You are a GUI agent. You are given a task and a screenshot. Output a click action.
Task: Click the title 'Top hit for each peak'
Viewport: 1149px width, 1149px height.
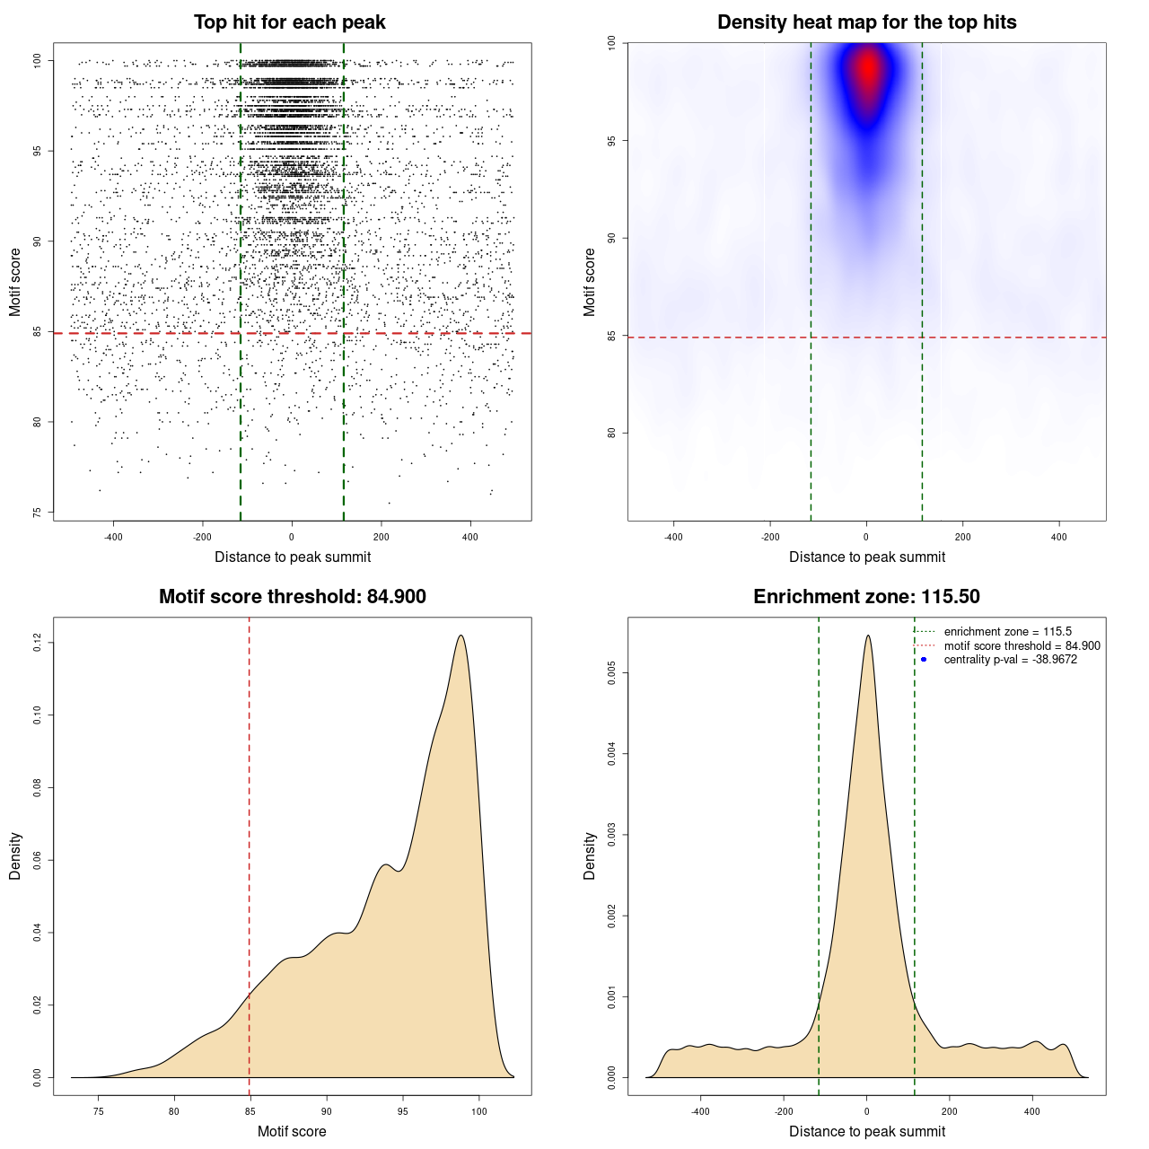click(289, 22)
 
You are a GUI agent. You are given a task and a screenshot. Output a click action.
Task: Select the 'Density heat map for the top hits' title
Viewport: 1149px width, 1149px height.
click(866, 22)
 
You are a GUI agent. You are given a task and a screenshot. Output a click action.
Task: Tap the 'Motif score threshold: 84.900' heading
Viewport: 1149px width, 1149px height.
click(292, 597)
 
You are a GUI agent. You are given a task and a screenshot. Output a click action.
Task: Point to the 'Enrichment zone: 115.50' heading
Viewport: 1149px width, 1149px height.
click(866, 597)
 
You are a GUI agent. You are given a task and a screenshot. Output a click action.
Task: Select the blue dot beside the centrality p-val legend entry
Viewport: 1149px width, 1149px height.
click(924, 660)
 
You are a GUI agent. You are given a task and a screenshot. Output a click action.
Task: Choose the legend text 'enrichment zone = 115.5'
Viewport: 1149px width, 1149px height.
click(1007, 632)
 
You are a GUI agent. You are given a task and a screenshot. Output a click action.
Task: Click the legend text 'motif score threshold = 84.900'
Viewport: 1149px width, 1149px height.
click(1022, 646)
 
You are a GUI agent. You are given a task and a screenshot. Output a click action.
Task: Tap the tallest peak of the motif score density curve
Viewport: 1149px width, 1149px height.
click(460, 636)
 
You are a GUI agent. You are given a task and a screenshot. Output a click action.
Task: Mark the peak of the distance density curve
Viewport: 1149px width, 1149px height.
click(867, 636)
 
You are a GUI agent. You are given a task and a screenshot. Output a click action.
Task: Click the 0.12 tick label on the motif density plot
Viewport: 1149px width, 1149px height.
click(37, 643)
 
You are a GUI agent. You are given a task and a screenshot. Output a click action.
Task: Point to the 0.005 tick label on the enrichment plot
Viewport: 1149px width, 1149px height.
click(611, 673)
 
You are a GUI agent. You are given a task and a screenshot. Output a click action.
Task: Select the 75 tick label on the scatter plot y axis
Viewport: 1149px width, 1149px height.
click(37, 513)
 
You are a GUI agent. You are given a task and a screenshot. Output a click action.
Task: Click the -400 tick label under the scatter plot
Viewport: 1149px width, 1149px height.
click(113, 538)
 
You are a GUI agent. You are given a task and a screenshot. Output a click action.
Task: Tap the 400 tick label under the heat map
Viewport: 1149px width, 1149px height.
click(1059, 538)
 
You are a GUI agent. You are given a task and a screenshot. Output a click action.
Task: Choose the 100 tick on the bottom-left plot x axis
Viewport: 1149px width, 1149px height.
click(478, 1111)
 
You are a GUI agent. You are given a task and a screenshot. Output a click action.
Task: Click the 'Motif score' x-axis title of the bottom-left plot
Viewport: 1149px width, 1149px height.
click(292, 1131)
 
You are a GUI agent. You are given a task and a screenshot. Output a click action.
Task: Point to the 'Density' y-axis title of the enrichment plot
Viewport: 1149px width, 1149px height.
click(590, 855)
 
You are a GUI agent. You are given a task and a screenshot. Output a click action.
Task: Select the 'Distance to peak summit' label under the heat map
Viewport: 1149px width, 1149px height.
click(866, 557)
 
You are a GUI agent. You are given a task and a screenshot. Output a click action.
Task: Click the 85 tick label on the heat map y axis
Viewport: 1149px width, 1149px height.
click(611, 336)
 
